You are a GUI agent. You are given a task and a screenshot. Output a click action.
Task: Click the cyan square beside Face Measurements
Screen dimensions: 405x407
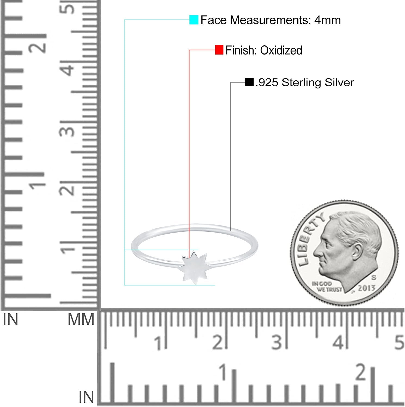(x=194, y=20)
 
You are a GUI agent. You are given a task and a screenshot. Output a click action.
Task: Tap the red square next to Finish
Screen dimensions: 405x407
(x=219, y=50)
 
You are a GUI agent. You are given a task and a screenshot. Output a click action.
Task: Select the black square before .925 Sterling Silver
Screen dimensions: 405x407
(x=249, y=82)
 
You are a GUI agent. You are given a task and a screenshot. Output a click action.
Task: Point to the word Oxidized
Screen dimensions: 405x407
(x=281, y=50)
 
